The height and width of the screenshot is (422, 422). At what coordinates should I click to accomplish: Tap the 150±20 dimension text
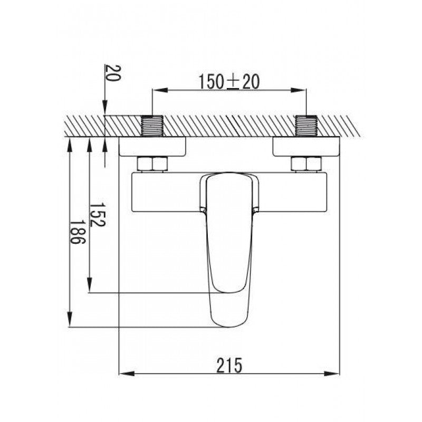[228, 82]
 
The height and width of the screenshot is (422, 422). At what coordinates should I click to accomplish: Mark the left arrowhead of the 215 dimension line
[124, 374]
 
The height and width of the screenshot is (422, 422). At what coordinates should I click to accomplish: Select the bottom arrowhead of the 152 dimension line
[90, 288]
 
